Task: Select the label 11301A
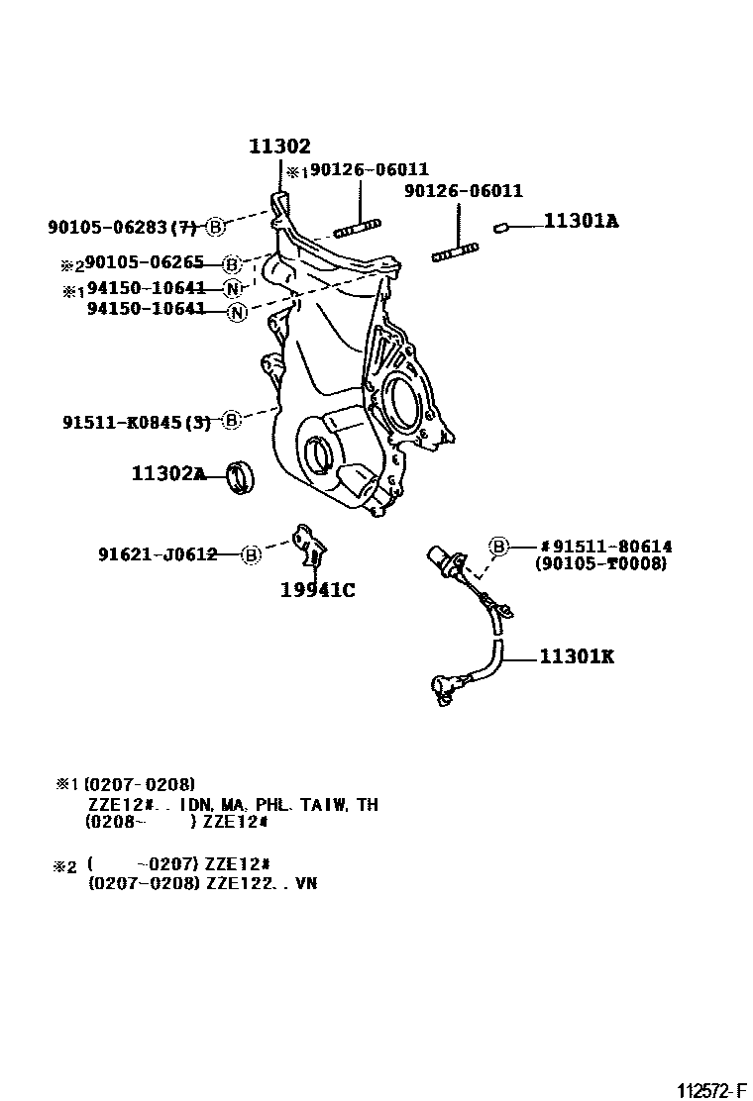tap(580, 222)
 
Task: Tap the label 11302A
tap(168, 474)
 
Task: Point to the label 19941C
tap(317, 591)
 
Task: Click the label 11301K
tap(577, 655)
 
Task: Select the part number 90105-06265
tap(145, 263)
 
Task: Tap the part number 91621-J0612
tap(158, 554)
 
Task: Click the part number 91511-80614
tap(611, 546)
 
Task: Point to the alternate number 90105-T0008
tap(600, 563)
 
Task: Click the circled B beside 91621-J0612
tap(252, 554)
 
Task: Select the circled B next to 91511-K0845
tap(230, 421)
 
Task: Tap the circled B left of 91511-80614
tap(498, 546)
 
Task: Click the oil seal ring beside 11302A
tap(240, 476)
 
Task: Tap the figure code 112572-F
tap(710, 1090)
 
